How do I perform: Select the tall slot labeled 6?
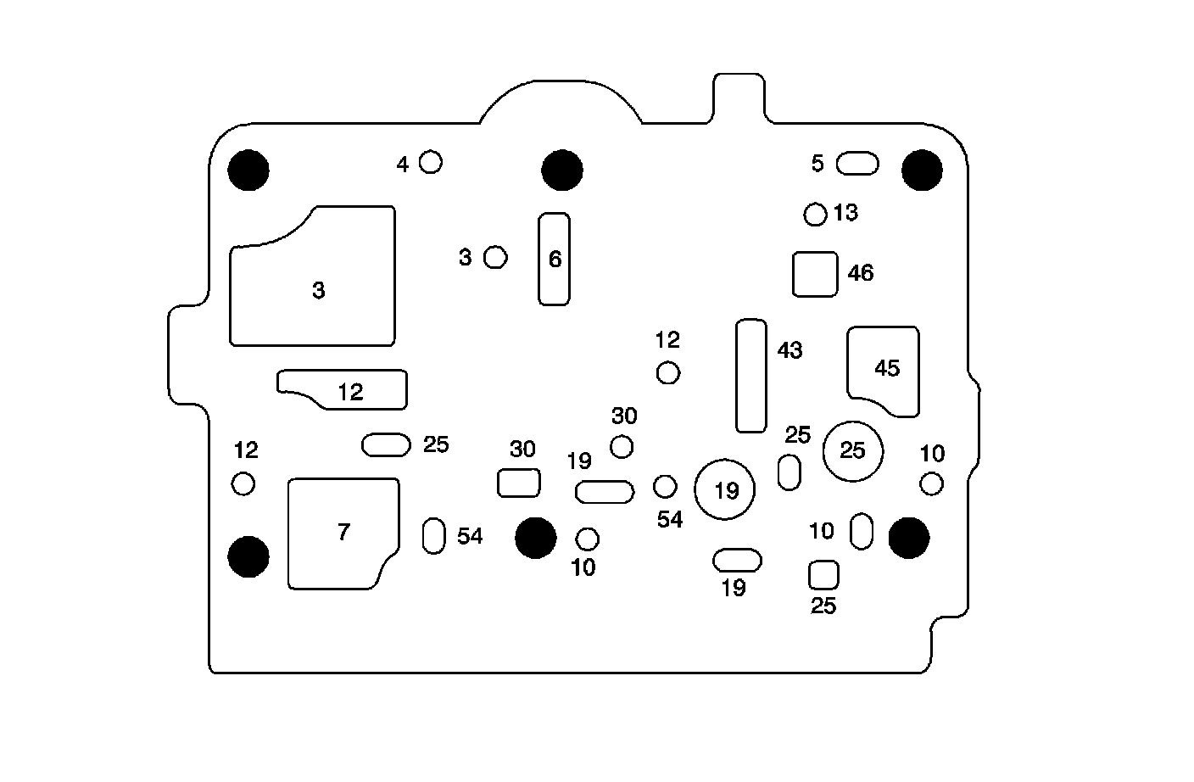click(554, 259)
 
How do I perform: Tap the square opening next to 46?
click(815, 274)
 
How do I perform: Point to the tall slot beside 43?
click(751, 375)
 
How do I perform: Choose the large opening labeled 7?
click(342, 532)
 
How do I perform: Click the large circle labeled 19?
click(725, 489)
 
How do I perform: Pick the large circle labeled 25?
click(852, 450)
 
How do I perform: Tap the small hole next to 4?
click(431, 161)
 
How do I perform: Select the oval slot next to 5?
click(857, 164)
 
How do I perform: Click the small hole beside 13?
click(815, 214)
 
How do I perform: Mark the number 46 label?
click(860, 273)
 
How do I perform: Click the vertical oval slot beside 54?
click(433, 535)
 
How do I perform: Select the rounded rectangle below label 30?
click(518, 483)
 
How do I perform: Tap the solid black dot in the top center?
click(561, 170)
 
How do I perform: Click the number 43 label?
click(789, 349)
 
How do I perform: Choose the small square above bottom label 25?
click(823, 574)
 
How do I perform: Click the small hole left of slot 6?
click(496, 256)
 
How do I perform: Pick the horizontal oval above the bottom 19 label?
click(738, 560)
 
